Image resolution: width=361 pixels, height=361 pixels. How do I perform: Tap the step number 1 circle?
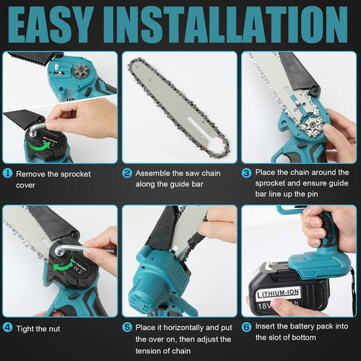tap(8, 173)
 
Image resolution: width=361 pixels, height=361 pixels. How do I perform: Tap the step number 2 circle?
tap(127, 173)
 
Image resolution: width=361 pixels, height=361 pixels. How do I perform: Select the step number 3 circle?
tap(246, 173)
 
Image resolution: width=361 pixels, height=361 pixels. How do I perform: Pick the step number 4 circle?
tap(8, 327)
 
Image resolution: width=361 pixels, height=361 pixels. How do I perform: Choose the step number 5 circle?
tap(127, 327)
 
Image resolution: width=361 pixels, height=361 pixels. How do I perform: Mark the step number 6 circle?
tap(246, 327)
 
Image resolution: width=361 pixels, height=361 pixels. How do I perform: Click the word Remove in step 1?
tap(33, 173)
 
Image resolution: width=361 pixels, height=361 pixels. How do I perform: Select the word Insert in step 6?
tap(266, 327)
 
